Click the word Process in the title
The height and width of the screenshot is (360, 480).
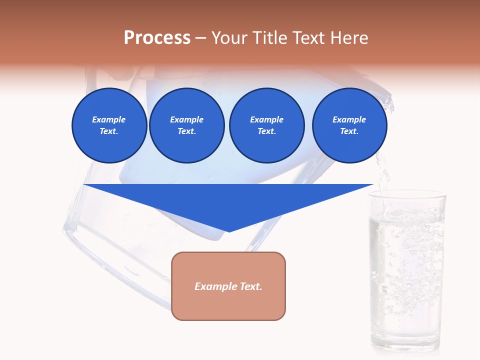pos(157,38)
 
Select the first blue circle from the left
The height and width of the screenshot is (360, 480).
pos(109,125)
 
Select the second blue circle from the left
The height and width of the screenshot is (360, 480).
pos(186,125)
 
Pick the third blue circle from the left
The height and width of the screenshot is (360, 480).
pos(266,125)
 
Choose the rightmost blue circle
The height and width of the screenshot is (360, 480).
pos(349,125)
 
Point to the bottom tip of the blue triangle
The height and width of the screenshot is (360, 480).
pos(229,231)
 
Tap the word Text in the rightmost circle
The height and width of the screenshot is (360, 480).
pos(348,131)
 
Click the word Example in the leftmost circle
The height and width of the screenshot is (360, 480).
pos(109,119)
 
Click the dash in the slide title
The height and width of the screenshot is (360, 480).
pos(200,38)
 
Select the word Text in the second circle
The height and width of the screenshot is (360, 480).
pos(186,131)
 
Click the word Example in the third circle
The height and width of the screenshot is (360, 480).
pos(266,119)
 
